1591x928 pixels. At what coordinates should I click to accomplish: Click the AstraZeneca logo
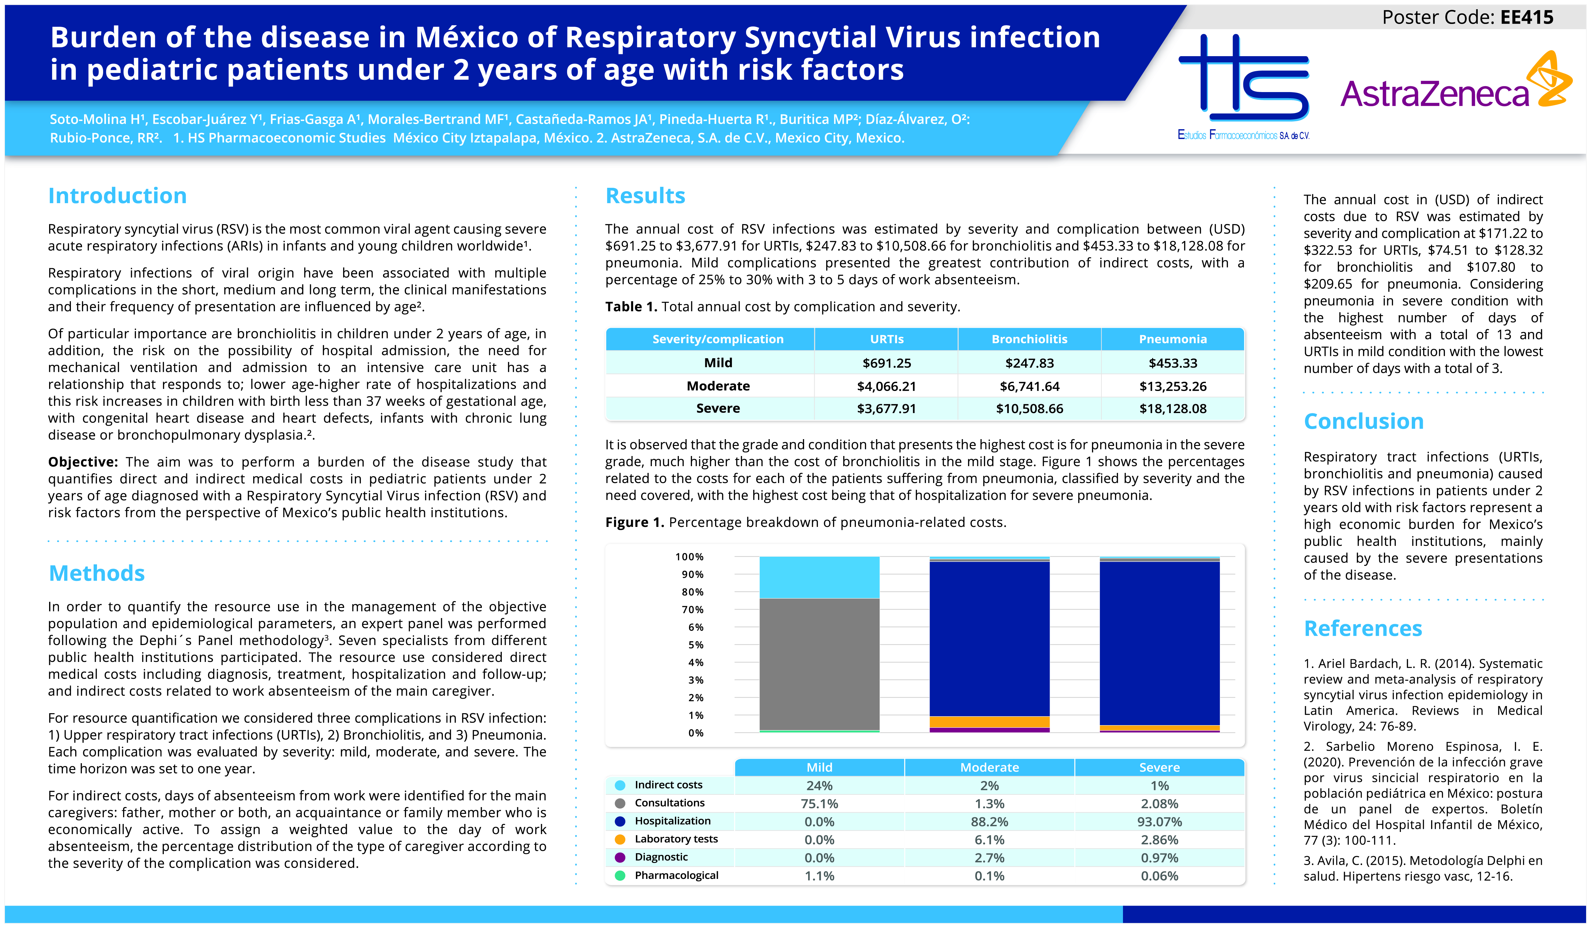(x=1455, y=85)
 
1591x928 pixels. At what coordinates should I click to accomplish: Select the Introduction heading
(x=118, y=196)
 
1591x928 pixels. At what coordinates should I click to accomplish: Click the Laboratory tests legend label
(x=676, y=839)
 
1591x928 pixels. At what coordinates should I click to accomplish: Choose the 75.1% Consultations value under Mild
(x=819, y=804)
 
